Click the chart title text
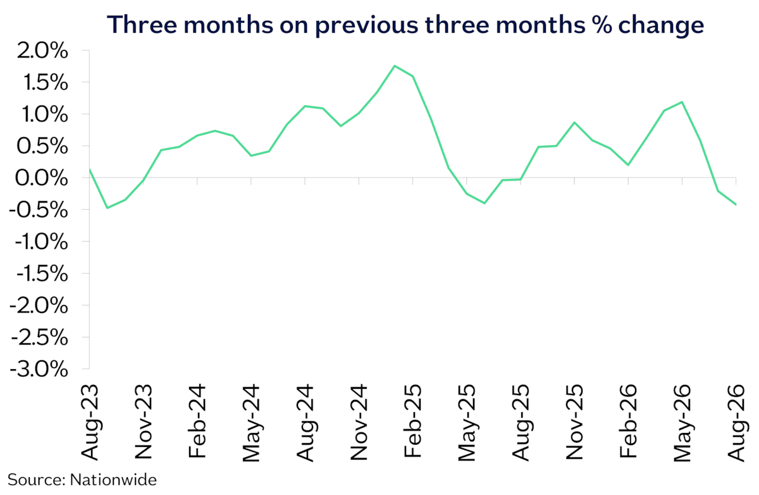click(x=405, y=25)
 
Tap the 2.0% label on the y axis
click(x=42, y=51)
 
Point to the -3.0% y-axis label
click(x=39, y=369)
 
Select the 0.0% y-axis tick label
click(x=41, y=178)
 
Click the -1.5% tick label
click(x=42, y=274)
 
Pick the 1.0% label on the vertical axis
click(x=45, y=115)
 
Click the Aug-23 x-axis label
click(x=90, y=422)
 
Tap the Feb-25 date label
click(x=413, y=421)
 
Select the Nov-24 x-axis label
click(x=359, y=422)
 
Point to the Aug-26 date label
click(x=736, y=423)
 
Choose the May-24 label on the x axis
click(x=251, y=423)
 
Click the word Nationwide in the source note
click(x=113, y=480)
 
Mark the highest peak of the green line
click(x=395, y=66)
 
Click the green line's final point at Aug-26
click(x=736, y=204)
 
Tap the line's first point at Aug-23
click(x=89, y=168)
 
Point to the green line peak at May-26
click(x=682, y=102)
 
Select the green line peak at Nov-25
click(x=574, y=122)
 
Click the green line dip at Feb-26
click(x=628, y=165)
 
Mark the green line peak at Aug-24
click(x=305, y=106)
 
